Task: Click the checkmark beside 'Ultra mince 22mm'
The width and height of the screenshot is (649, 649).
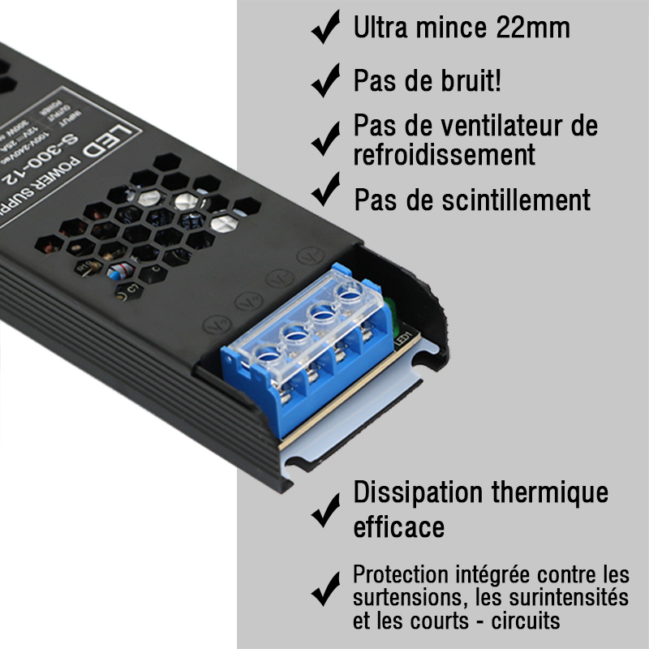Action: [x=325, y=30]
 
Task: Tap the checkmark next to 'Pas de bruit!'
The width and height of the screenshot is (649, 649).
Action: [x=325, y=82]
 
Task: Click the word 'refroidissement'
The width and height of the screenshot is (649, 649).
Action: [x=444, y=154]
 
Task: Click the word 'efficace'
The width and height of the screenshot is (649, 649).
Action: [x=398, y=528]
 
